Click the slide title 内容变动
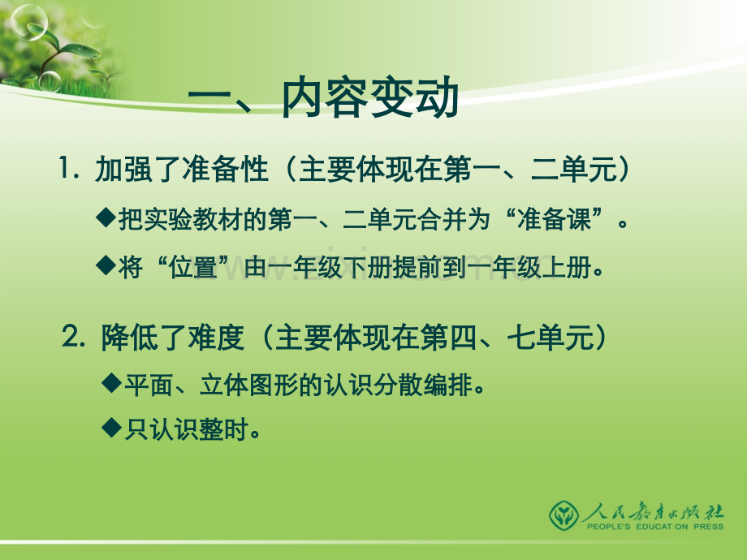(370, 98)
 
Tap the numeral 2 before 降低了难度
(70, 336)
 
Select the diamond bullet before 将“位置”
(106, 265)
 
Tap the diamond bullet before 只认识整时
(112, 428)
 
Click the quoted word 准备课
(554, 219)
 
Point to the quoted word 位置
(193, 267)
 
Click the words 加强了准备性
(182, 169)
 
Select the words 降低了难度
(173, 337)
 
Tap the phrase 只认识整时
(186, 429)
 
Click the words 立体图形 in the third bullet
(248, 385)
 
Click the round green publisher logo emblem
(563, 515)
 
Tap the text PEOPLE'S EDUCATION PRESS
(655, 527)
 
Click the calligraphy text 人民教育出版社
(653, 511)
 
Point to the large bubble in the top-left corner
(28, 21)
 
